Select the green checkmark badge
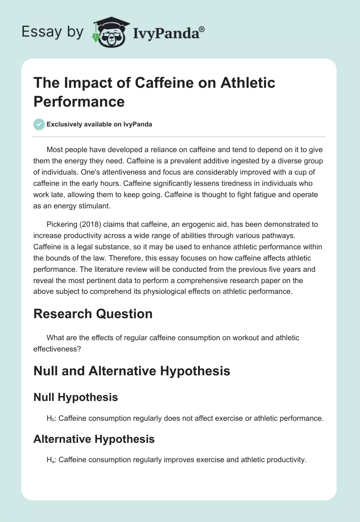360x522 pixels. (39, 124)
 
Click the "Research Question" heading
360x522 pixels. (93, 314)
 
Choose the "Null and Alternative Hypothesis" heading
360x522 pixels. (131, 371)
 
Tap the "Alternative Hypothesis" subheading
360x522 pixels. (94, 439)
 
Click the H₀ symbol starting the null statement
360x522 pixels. (50, 418)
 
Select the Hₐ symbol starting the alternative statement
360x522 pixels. (50, 459)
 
